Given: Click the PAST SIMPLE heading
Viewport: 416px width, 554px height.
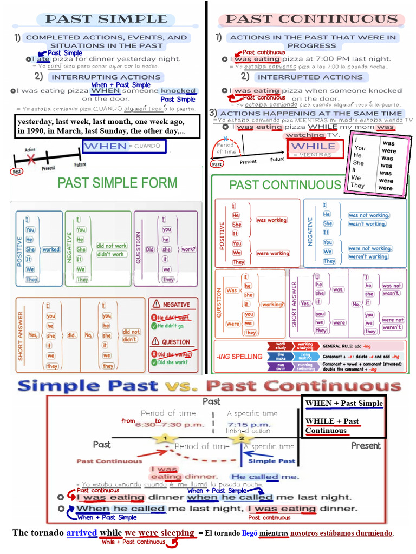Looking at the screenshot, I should point(106,19).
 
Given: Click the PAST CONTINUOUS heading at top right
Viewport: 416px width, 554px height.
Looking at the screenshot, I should point(311,19).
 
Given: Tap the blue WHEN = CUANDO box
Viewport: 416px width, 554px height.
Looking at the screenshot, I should point(124,147).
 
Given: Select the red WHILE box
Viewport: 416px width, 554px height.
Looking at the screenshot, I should point(313,147).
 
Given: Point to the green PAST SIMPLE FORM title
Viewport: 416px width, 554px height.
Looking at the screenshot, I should point(118,183).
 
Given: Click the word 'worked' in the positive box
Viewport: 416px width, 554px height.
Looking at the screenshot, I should point(51,249).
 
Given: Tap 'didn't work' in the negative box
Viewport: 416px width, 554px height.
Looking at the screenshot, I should point(110,254).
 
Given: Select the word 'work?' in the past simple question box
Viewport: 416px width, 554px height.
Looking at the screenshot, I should point(188,249).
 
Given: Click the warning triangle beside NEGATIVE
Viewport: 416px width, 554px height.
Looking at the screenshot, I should point(157,305).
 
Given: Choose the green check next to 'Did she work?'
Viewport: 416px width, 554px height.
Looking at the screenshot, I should point(154,362).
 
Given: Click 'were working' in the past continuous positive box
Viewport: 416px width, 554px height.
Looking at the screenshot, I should point(272,253).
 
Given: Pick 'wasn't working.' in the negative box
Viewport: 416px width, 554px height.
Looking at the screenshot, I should point(367,224).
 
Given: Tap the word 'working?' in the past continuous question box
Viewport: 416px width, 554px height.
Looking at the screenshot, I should point(272,305).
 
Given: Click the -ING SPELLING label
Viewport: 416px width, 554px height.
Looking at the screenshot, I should point(239,357).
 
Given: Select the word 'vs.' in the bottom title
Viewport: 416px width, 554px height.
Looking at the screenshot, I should point(181,386).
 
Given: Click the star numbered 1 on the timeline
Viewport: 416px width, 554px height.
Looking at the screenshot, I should point(164,438).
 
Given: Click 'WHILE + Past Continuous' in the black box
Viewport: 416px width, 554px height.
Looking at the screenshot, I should point(332,426).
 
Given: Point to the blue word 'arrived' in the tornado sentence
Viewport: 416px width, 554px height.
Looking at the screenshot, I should point(81,533).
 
